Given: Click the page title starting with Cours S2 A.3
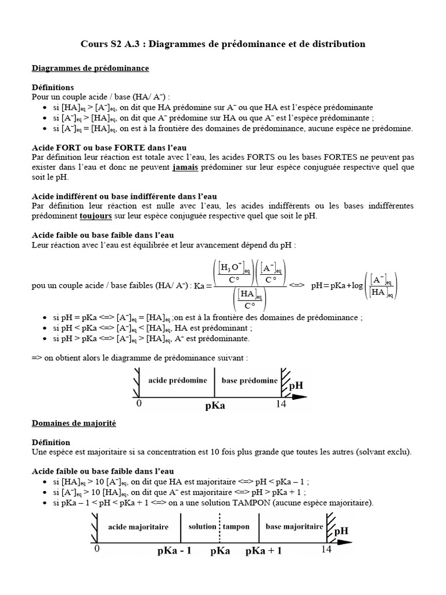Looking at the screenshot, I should [x=222, y=44].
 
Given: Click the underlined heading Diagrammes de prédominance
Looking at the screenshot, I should [x=90, y=68].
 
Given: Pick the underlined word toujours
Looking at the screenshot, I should [x=96, y=216].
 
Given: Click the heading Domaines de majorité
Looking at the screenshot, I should [x=74, y=423].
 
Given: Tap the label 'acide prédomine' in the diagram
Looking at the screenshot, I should [x=178, y=379].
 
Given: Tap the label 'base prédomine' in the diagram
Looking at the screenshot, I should [x=250, y=379].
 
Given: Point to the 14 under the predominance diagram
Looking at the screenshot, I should [x=280, y=404].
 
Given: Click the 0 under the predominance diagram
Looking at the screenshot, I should [x=139, y=404].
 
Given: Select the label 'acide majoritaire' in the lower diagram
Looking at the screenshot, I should [x=138, y=526].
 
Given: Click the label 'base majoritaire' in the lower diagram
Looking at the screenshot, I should [x=294, y=526].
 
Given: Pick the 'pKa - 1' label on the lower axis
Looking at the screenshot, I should [x=174, y=550].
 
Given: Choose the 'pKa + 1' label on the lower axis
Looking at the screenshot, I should [x=264, y=550].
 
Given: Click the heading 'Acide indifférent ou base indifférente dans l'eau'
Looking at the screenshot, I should [x=124, y=196].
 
